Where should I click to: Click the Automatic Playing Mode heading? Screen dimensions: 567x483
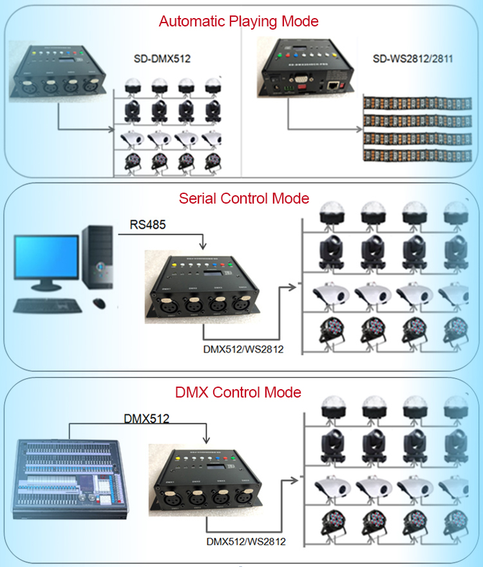coord(238,21)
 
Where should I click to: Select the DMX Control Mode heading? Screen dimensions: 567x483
coord(238,392)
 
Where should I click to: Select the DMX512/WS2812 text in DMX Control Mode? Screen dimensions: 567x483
coord(247,541)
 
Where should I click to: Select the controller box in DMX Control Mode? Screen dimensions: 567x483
coord(204,481)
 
